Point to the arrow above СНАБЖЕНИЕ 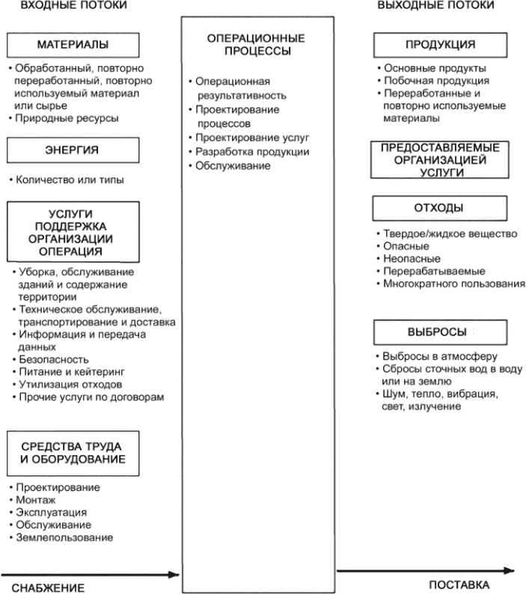90,575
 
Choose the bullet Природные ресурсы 67,118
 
